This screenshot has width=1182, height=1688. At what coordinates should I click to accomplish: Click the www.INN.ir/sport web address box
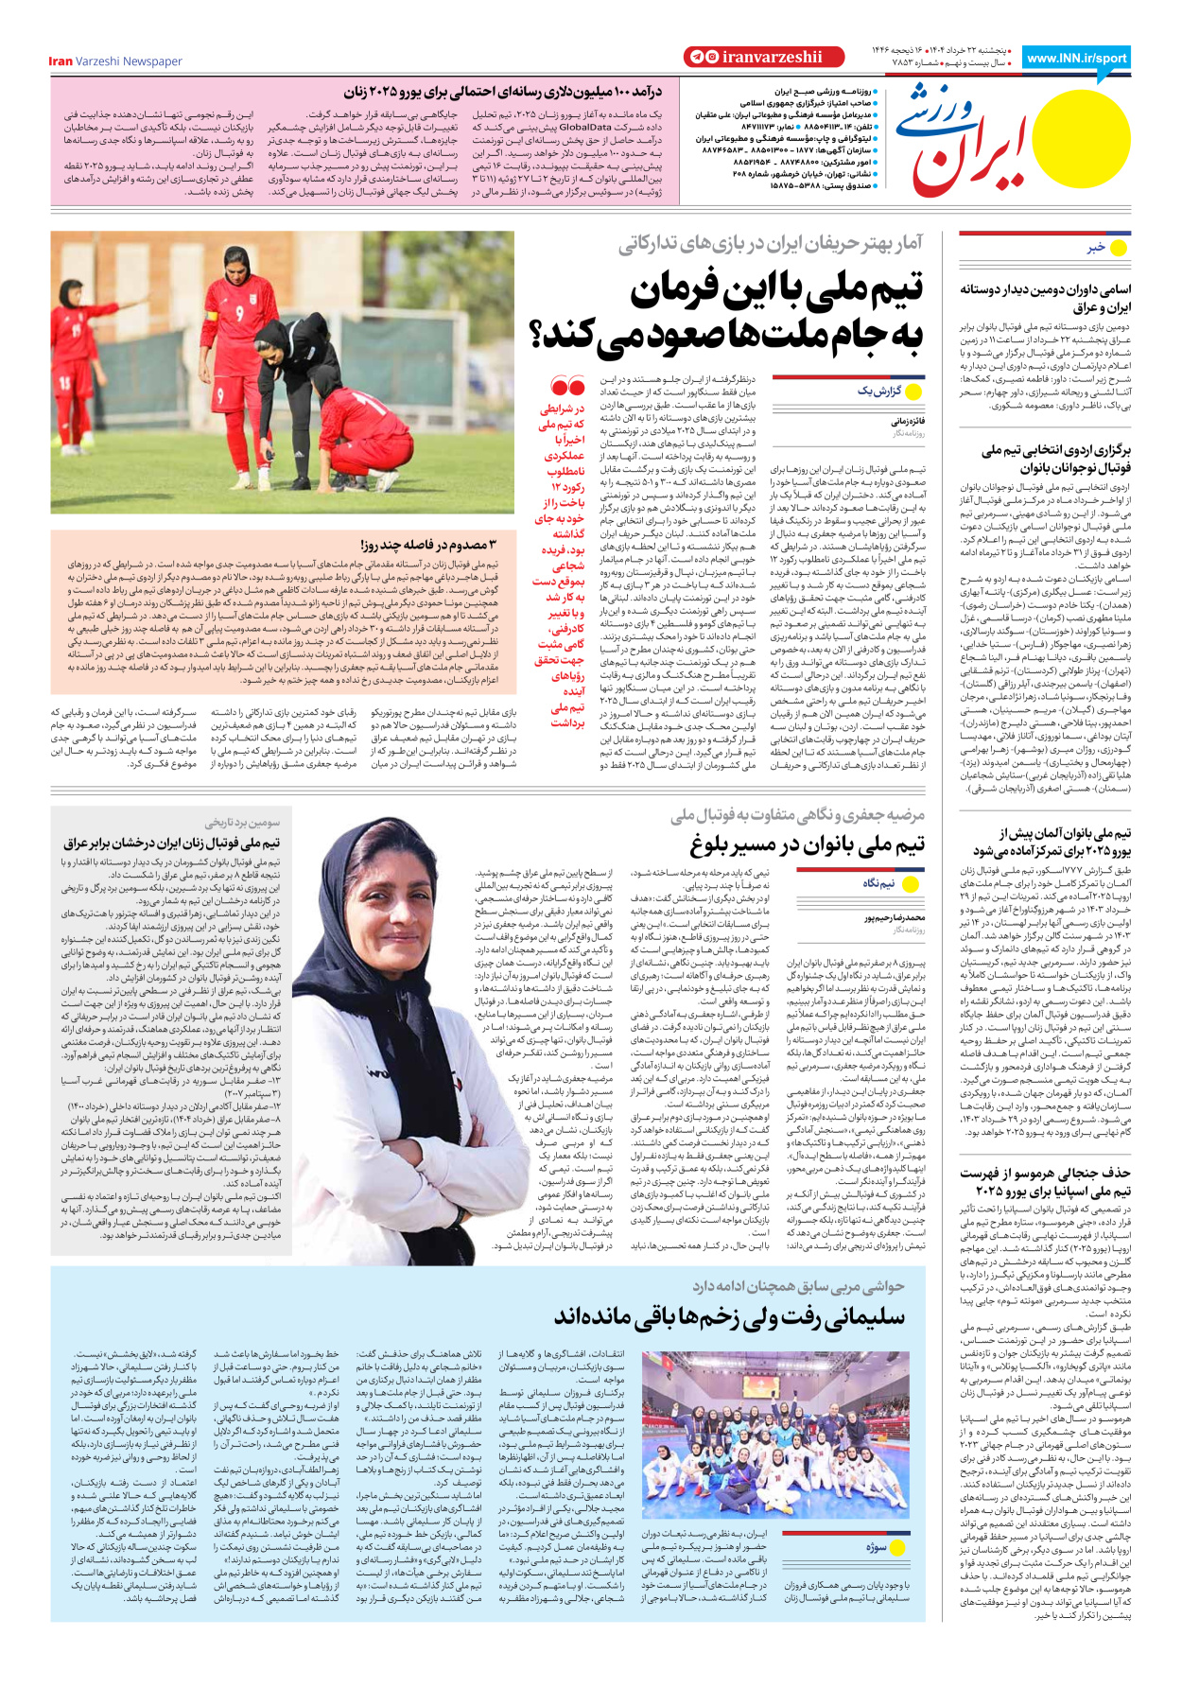coord(1078,58)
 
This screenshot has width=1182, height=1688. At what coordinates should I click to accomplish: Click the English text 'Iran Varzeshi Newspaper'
coord(115,61)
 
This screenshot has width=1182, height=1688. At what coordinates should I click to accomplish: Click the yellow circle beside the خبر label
coord(1118,248)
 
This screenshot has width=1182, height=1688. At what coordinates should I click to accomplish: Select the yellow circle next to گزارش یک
coord(913,391)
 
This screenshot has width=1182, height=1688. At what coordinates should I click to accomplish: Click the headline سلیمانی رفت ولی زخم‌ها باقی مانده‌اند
coord(729,1315)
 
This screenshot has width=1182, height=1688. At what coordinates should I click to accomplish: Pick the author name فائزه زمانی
coord(907,421)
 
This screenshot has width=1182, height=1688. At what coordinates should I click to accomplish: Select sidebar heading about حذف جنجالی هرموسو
coord(1045,1181)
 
